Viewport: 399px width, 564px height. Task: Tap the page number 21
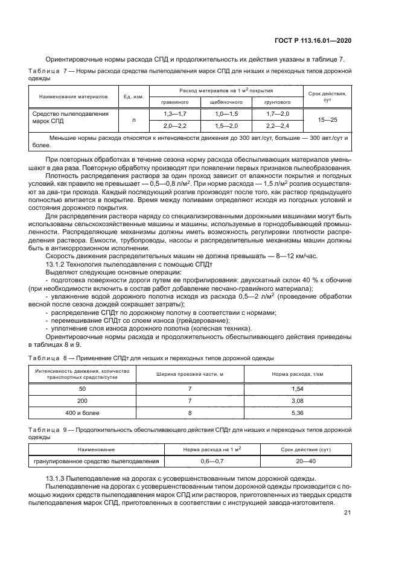point(347,513)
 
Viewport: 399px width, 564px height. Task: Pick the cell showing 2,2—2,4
point(278,125)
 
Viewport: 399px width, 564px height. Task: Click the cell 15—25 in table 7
point(327,120)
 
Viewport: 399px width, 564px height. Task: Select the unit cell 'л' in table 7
point(133,120)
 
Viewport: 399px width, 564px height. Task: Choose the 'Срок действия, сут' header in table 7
point(327,97)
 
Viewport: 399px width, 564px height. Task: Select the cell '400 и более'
point(82,413)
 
